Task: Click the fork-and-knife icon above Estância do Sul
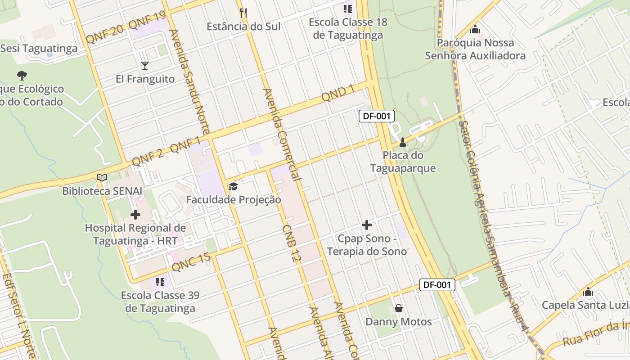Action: pyautogui.click(x=243, y=13)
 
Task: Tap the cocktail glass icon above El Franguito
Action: pyautogui.click(x=144, y=66)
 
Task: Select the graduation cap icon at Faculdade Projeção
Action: pyautogui.click(x=233, y=186)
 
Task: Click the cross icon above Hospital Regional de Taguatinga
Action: pyautogui.click(x=135, y=215)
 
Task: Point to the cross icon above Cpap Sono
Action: pyautogui.click(x=367, y=225)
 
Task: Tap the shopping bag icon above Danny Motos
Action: pyautogui.click(x=398, y=308)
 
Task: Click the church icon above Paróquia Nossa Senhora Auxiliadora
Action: pyautogui.click(x=475, y=30)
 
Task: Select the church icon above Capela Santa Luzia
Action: pyautogui.click(x=588, y=292)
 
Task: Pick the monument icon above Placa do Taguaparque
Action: pyautogui.click(x=403, y=142)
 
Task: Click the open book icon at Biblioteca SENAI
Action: pyautogui.click(x=102, y=177)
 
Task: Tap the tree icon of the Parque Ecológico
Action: pyautogui.click(x=22, y=75)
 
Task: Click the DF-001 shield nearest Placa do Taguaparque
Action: pyautogui.click(x=377, y=116)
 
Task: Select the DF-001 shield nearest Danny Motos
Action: pyautogui.click(x=437, y=284)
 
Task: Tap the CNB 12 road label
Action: pyautogui.click(x=291, y=243)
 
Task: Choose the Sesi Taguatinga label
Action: pyautogui.click(x=39, y=48)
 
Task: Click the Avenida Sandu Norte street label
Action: pyautogui.click(x=189, y=81)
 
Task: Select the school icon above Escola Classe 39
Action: pyautogui.click(x=160, y=282)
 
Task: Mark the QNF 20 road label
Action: pyautogui.click(x=104, y=35)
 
